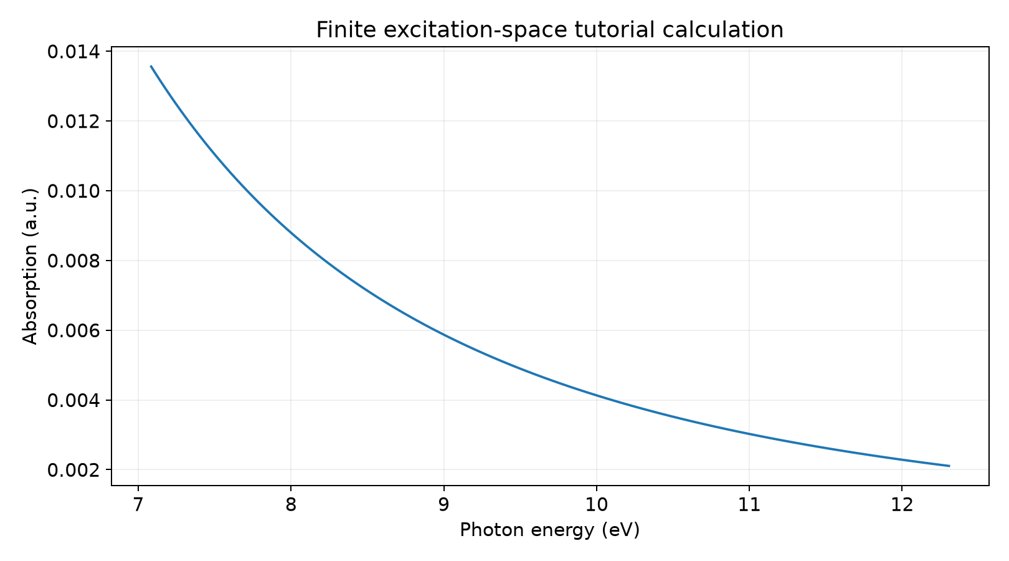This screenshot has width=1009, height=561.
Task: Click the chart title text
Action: click(549, 30)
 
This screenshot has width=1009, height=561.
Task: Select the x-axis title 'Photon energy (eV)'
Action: click(549, 530)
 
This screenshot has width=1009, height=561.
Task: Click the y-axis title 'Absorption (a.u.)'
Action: click(30, 266)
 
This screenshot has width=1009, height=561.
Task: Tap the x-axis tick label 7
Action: click(138, 505)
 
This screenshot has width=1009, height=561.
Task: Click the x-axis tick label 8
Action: click(291, 505)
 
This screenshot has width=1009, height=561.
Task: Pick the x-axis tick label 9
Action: click(443, 505)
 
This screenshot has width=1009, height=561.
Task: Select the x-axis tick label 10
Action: click(597, 505)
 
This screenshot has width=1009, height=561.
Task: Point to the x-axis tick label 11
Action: click(749, 505)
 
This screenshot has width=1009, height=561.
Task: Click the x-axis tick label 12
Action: click(902, 505)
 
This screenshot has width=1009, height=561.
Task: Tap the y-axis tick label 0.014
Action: click(73, 52)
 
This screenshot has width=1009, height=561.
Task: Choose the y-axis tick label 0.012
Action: click(73, 122)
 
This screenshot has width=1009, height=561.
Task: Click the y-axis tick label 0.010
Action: click(73, 191)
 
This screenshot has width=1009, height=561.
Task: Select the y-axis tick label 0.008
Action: click(73, 261)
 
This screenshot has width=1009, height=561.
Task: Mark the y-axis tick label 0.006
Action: click(73, 330)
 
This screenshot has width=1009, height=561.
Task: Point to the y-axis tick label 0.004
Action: click(73, 400)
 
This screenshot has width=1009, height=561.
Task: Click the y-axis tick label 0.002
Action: click(73, 470)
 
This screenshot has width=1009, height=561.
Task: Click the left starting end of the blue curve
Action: click(151, 66)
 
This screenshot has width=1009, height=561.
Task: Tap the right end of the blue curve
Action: click(950, 466)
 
